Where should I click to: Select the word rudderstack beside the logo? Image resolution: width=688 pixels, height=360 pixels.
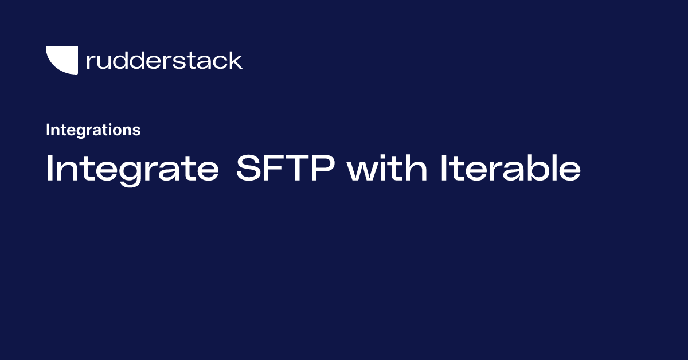[164, 60]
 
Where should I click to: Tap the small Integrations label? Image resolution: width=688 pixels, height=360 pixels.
[93, 130]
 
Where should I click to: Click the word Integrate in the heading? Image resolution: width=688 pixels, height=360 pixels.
[132, 170]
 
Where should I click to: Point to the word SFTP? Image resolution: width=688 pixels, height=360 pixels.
[287, 170]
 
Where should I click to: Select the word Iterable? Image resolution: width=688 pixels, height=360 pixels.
[510, 170]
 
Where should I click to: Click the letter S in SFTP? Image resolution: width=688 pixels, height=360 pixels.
[248, 170]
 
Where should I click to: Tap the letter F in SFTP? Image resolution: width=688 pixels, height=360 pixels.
[274, 170]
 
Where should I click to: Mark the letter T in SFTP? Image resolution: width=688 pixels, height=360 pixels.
[299, 170]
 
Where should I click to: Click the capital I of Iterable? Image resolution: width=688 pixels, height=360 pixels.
[444, 170]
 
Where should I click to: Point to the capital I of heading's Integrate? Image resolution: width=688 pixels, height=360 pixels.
[49, 170]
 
